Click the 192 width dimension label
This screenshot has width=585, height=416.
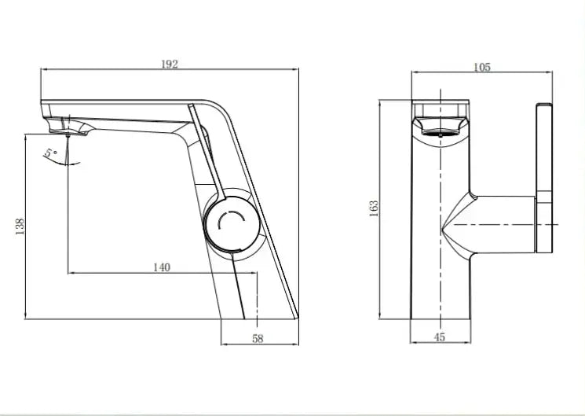click(x=170, y=64)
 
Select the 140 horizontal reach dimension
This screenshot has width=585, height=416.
click(x=160, y=267)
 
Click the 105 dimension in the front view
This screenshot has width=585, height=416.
click(x=481, y=68)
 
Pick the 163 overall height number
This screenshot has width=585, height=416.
click(x=375, y=208)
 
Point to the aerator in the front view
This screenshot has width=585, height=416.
click(x=442, y=127)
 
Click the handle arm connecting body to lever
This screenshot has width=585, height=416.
click(x=503, y=224)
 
